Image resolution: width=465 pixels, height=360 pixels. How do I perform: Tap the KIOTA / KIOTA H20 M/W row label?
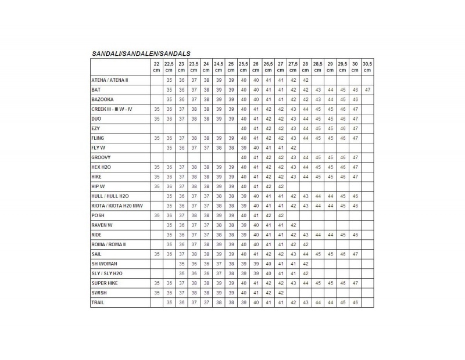117,206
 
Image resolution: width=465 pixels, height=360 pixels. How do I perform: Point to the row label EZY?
95,128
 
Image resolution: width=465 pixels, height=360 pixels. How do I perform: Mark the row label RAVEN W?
102,225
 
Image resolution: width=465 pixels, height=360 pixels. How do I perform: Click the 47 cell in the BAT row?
367,90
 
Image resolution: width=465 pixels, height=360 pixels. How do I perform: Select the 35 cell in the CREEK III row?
156,109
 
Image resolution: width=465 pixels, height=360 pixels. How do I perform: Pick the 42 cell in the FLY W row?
293,147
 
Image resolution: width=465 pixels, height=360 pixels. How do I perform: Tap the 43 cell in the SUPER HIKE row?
293,283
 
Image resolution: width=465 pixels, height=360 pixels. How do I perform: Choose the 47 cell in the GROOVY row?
355,157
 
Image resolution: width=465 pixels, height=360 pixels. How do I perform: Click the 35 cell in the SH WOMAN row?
181,264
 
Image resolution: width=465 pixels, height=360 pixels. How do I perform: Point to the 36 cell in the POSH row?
169,215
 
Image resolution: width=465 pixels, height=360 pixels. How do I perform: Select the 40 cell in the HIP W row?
243,186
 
